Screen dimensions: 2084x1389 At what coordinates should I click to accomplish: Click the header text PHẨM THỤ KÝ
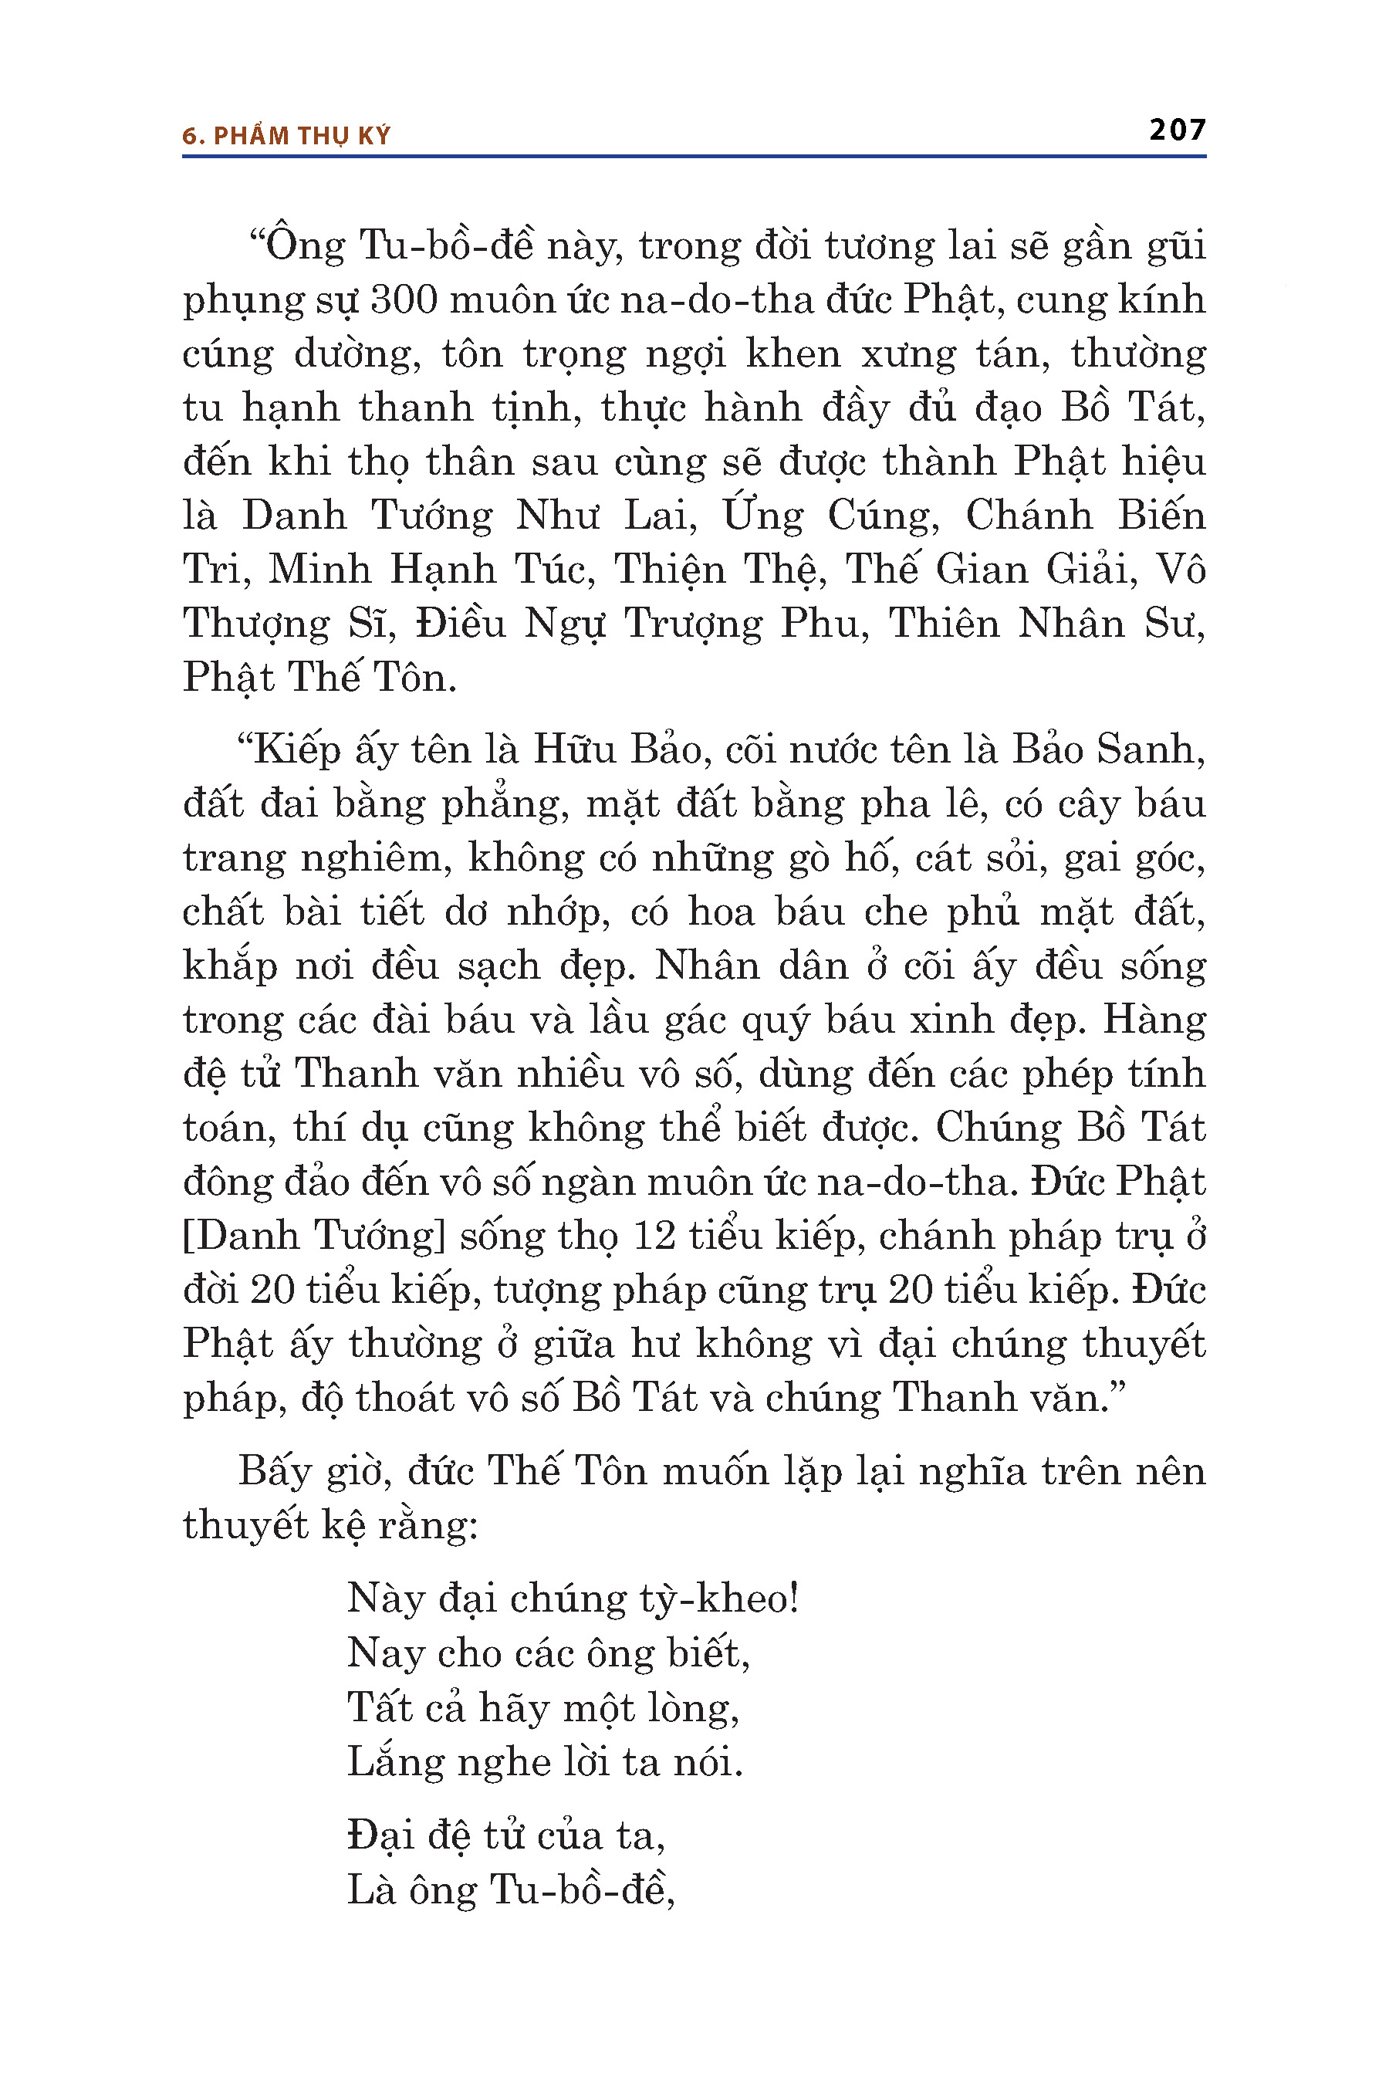(301, 136)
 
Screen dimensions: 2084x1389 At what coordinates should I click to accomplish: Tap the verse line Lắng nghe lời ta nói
(544, 1761)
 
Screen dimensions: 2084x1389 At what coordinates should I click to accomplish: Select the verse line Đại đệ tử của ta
(505, 1835)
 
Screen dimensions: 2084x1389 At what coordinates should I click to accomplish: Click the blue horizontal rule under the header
(694, 157)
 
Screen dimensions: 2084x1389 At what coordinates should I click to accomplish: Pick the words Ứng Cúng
(830, 516)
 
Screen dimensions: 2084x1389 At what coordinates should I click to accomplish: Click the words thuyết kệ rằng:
(330, 1526)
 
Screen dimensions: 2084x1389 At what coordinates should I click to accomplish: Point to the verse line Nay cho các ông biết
(547, 1653)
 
